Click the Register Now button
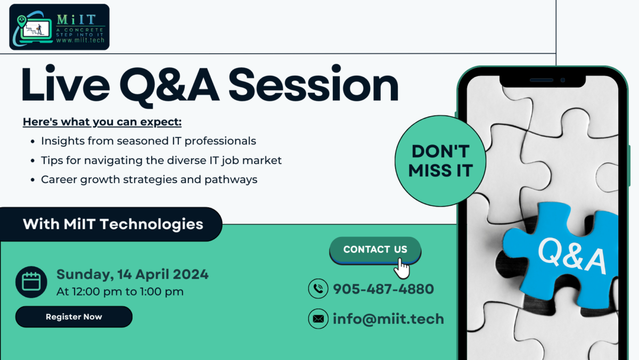tap(74, 317)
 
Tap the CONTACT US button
tap(375, 250)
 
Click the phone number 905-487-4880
tap(383, 289)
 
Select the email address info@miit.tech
tap(388, 319)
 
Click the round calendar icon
tap(31, 282)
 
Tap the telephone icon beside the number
tap(318, 289)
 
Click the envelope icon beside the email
tap(318, 318)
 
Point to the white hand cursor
tap(402, 269)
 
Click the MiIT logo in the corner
tap(59, 27)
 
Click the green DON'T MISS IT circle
tap(440, 161)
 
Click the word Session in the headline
tap(313, 84)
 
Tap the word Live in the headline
tap(65, 83)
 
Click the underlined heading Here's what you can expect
tap(102, 122)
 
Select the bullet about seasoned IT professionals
tap(149, 141)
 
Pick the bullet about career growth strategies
tap(149, 179)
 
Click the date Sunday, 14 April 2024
tap(133, 274)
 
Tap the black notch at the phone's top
tap(543, 81)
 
